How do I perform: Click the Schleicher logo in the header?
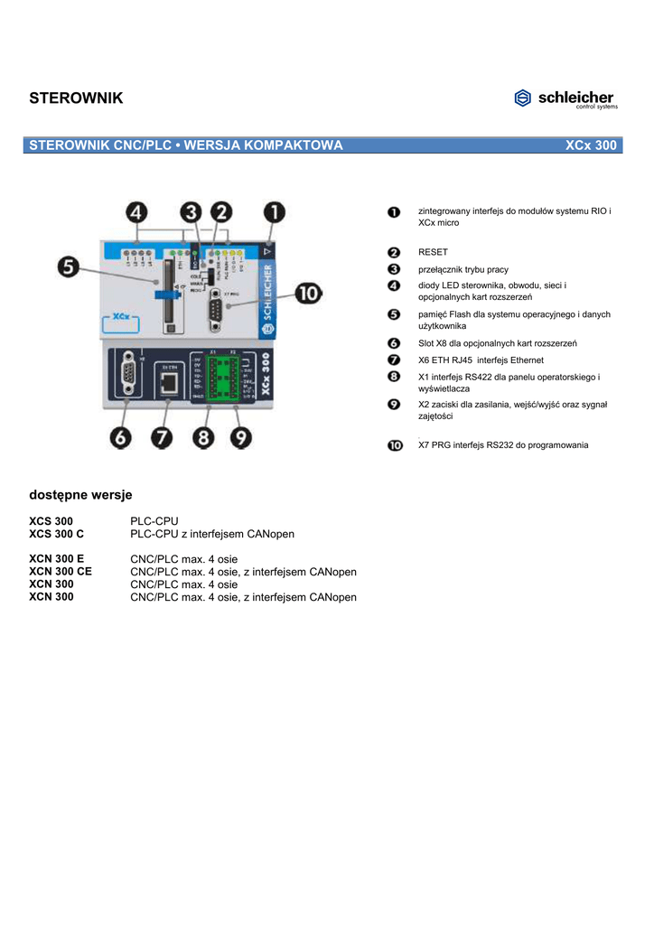pos(565,98)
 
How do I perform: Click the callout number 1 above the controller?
pos(274,215)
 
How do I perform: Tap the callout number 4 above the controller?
pos(136,215)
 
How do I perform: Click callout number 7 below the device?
pos(163,438)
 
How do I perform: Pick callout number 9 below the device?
pos(241,438)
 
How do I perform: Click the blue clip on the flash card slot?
pos(166,294)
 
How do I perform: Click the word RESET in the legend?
pos(433,252)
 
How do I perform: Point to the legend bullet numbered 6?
pos(394,343)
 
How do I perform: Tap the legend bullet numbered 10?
pos(395,444)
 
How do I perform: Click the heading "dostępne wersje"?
pos(80,495)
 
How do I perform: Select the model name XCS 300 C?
pos(56,534)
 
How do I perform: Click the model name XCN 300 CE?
pos(61,572)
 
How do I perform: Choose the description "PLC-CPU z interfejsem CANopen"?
pos(212,534)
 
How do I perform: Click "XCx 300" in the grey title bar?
pos(591,145)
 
